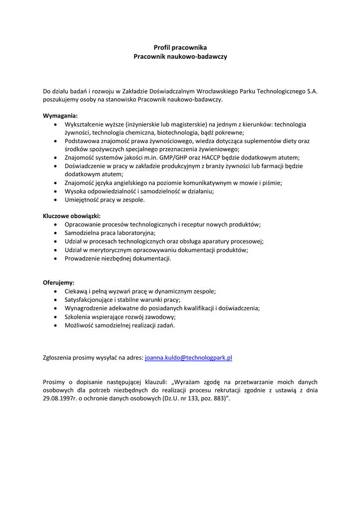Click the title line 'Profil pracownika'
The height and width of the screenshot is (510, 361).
coord(180,47)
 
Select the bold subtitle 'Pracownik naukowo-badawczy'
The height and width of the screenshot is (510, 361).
coord(180,57)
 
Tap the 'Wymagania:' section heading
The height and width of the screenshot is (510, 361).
coord(60,116)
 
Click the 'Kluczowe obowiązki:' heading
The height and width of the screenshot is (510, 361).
coord(72,216)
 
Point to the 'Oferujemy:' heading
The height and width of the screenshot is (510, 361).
coord(59,283)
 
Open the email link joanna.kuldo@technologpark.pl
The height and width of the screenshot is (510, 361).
coord(189,358)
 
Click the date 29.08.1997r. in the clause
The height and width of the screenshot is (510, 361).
coord(62,399)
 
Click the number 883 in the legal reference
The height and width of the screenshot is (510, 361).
coord(216,399)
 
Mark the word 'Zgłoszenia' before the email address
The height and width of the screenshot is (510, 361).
coord(58,358)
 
